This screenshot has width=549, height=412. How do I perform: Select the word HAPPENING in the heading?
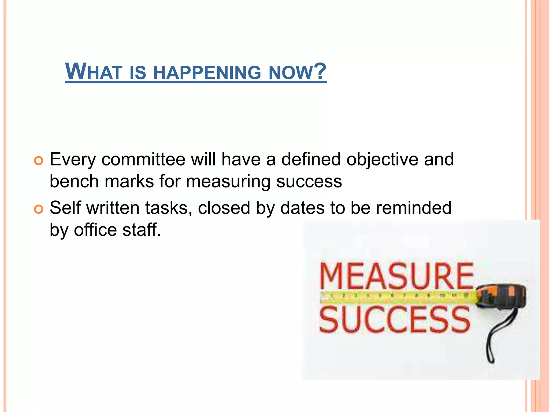207,72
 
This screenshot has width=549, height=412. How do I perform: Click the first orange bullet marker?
39,161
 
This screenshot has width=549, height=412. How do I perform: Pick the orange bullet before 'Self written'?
39,209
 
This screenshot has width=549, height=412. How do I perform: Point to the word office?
95,230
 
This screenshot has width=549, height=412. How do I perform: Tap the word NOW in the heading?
291,72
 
